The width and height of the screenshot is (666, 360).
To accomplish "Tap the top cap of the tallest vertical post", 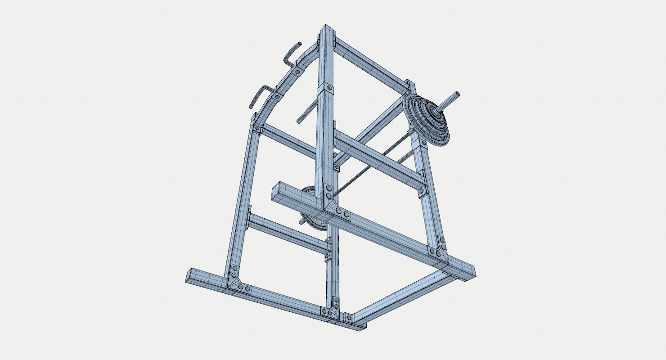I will point(327,30).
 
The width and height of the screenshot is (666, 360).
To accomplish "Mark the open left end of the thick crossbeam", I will point(277,191).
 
